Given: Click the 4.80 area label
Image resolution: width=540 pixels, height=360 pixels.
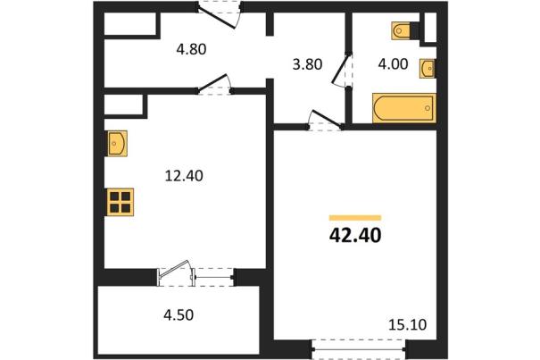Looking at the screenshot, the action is (x=191, y=49).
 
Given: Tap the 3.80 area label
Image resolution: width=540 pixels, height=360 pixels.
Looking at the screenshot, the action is (x=307, y=64).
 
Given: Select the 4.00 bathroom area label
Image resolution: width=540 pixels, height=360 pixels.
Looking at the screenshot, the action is (x=393, y=64).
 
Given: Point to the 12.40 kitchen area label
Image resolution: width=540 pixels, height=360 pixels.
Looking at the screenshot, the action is (x=184, y=176).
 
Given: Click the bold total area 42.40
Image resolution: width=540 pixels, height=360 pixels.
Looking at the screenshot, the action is (x=355, y=236).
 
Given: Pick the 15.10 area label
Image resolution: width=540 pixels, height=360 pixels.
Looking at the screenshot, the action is (x=407, y=324).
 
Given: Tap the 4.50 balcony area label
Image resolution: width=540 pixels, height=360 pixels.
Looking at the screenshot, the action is (x=179, y=314).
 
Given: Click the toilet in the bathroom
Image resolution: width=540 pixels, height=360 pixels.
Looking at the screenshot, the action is (x=401, y=30).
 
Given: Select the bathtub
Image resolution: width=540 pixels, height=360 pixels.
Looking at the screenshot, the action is (x=404, y=108).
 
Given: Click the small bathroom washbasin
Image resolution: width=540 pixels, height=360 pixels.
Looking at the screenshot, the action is (x=427, y=68).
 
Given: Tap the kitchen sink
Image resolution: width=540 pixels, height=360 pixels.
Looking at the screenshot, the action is (x=116, y=143).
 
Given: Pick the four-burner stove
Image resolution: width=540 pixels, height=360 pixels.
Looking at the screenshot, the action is (x=120, y=202).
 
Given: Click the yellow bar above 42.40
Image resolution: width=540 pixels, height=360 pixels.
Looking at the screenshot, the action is (x=355, y=218).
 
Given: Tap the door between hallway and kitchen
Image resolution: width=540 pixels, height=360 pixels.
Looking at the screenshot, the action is (x=214, y=84).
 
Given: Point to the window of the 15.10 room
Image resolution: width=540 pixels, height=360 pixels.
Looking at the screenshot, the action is (x=359, y=349).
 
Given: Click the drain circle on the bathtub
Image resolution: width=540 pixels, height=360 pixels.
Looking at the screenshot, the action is (x=428, y=108).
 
